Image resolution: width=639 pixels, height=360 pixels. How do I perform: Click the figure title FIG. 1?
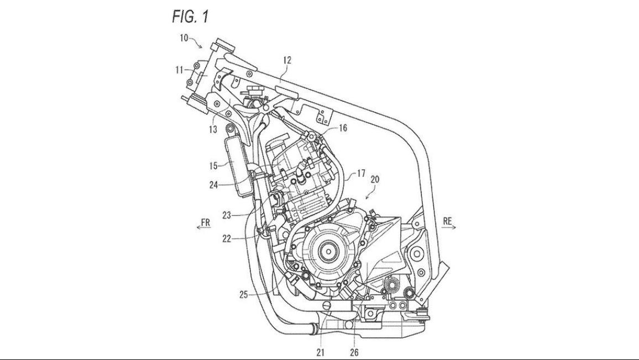coord(190,16)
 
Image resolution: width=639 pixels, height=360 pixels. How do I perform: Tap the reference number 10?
coord(184,38)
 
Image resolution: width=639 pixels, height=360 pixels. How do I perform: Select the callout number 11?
coord(179,70)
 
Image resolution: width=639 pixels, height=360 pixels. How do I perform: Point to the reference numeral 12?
coord(287,60)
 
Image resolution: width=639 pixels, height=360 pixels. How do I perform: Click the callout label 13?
coord(213,130)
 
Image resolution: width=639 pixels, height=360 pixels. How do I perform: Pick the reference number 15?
coord(214,166)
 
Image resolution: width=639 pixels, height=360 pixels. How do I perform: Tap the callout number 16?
coord(343,128)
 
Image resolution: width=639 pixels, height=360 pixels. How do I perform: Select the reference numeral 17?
coord(360,174)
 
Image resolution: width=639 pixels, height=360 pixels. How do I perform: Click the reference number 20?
coord(375,179)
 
